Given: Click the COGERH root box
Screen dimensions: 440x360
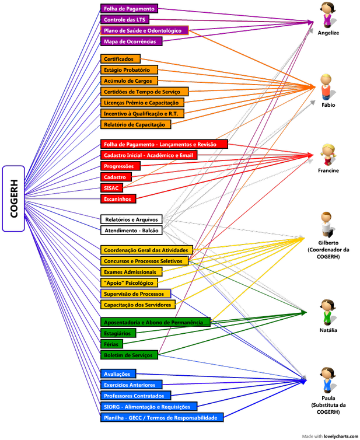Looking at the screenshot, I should [13, 198].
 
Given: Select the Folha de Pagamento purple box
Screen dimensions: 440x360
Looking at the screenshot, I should [129, 9].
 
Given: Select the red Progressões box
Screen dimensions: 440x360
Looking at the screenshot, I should [118, 166].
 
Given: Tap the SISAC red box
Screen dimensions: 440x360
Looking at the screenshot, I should [111, 188].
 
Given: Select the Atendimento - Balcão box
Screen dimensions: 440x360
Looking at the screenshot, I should [131, 231].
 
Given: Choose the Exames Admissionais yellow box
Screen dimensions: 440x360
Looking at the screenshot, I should [130, 272].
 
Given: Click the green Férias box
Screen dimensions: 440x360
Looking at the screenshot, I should [111, 344].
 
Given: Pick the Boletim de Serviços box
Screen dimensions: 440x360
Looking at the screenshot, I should [129, 355].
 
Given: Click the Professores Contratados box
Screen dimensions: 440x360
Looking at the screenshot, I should [136, 396].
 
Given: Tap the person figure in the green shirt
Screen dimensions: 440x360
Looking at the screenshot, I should [328, 312].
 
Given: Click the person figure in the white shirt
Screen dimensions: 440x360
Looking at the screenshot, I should [326, 225].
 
